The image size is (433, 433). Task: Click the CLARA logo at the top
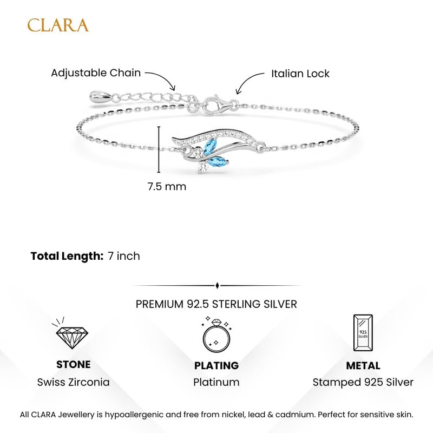coord(58,25)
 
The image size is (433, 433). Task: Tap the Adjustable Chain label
coord(96,73)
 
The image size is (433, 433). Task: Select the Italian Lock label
coord(300,74)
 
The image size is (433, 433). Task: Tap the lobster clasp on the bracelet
coord(217,104)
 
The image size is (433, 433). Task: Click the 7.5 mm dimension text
coord(167,186)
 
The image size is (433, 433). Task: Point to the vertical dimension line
coord(159,149)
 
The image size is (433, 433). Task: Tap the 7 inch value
coord(124,256)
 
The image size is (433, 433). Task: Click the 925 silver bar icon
coord(363,333)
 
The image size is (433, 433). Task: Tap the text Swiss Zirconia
coord(74,383)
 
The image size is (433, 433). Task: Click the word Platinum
coord(216,383)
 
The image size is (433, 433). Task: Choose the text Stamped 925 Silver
coord(363,383)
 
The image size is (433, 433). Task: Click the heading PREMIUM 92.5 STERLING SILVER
coord(216,304)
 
